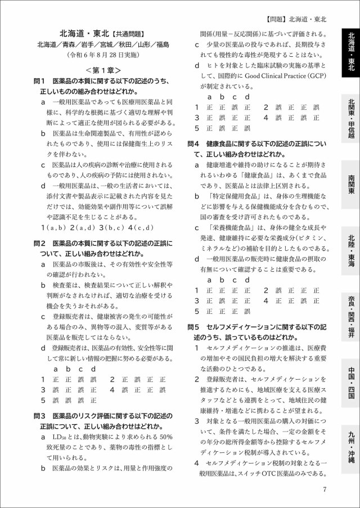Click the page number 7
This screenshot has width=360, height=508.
325,488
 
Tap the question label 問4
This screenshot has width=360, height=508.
194,143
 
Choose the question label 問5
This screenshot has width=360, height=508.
194,327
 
